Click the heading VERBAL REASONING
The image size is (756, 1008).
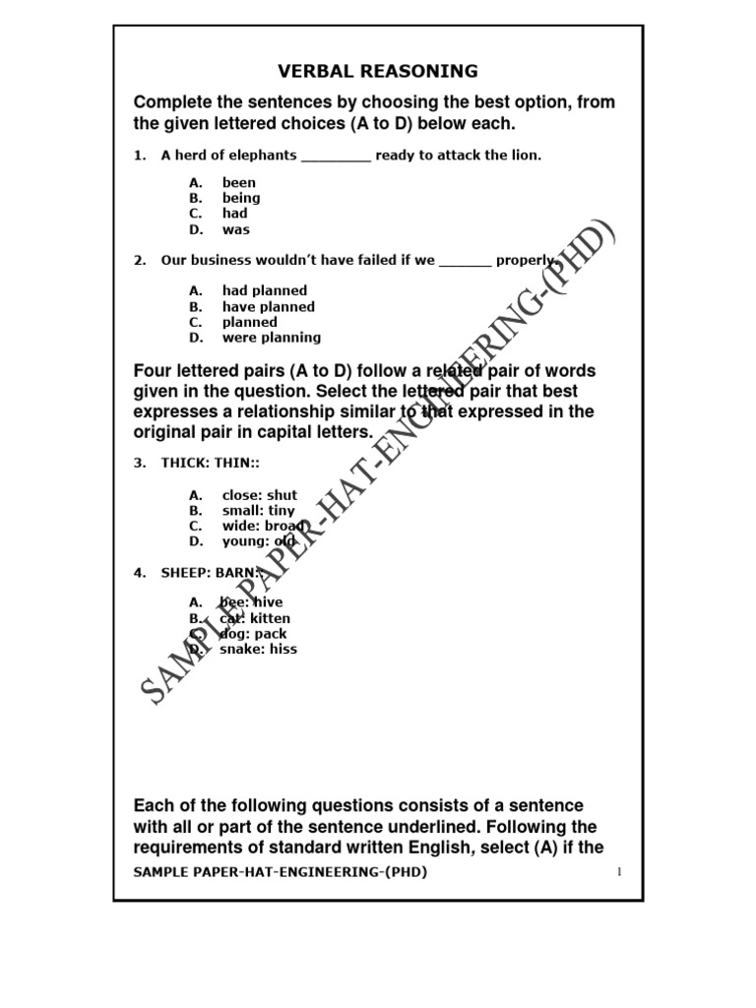coord(378,71)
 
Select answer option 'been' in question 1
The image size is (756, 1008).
coord(238,182)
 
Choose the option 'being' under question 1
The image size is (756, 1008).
coord(241,198)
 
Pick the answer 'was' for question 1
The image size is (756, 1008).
coord(236,229)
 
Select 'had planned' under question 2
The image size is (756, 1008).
coord(264,290)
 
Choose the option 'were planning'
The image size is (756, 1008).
coord(271,338)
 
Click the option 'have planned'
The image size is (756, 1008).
coord(268,306)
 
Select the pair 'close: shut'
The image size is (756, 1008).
coord(259,495)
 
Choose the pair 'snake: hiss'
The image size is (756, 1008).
coord(258,649)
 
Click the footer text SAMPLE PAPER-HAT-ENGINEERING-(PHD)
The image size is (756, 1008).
coord(281,872)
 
